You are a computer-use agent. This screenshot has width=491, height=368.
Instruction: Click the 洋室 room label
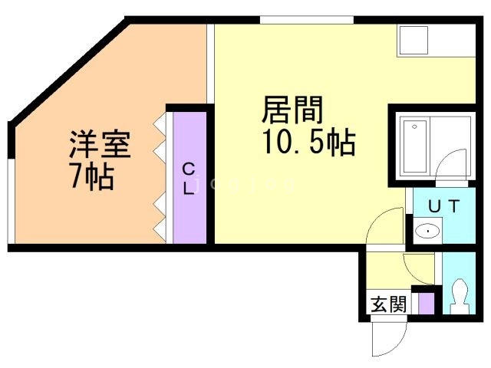[x=100, y=144]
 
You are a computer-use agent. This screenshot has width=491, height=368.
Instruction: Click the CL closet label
[x=189, y=179]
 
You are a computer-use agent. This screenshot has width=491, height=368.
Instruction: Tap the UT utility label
[x=443, y=206]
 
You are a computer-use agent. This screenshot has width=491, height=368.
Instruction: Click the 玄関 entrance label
[x=388, y=304]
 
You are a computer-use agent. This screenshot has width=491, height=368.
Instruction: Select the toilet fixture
[x=460, y=296]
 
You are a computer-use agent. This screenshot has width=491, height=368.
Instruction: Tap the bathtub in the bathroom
[x=415, y=146]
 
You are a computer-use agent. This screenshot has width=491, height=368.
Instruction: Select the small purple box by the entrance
[x=426, y=301]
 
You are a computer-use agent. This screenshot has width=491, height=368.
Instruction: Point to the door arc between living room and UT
[x=381, y=227]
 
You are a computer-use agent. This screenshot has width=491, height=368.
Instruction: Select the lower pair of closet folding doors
[x=160, y=216]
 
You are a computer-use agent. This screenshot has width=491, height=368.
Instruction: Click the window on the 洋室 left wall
[x=11, y=199]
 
